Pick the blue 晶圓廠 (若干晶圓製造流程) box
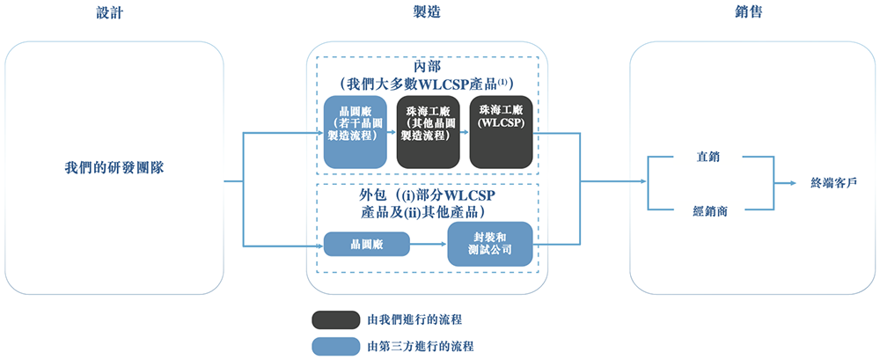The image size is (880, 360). pos(355,132)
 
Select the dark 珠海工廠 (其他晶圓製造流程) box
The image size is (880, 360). pos(428,132)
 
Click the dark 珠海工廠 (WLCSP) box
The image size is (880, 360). pos(501,132)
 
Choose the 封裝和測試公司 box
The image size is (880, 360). pos(490,244)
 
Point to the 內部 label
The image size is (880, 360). pos(427,67)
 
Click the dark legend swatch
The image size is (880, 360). pos(335,319)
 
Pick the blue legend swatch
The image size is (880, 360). pos(335,347)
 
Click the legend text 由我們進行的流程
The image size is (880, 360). pos(420,319)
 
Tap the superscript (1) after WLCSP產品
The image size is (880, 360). pos(506,82)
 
